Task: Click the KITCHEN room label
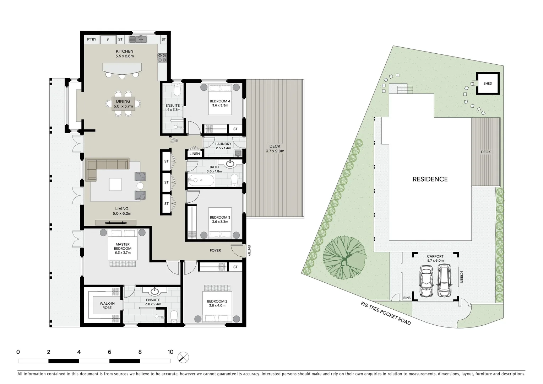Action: (x=124, y=52)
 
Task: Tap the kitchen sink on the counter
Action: (x=137, y=39)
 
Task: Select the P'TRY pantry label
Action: (x=92, y=39)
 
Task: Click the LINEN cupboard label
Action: (x=195, y=154)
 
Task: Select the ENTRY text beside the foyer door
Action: (x=249, y=251)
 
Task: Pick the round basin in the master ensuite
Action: (x=155, y=292)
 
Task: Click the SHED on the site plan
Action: (x=488, y=84)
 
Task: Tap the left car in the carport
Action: (x=426, y=281)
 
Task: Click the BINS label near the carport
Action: (x=407, y=298)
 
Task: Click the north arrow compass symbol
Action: (x=184, y=357)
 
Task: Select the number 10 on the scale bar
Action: (x=170, y=352)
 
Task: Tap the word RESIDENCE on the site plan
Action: (x=430, y=179)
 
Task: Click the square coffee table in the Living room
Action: (x=115, y=184)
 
